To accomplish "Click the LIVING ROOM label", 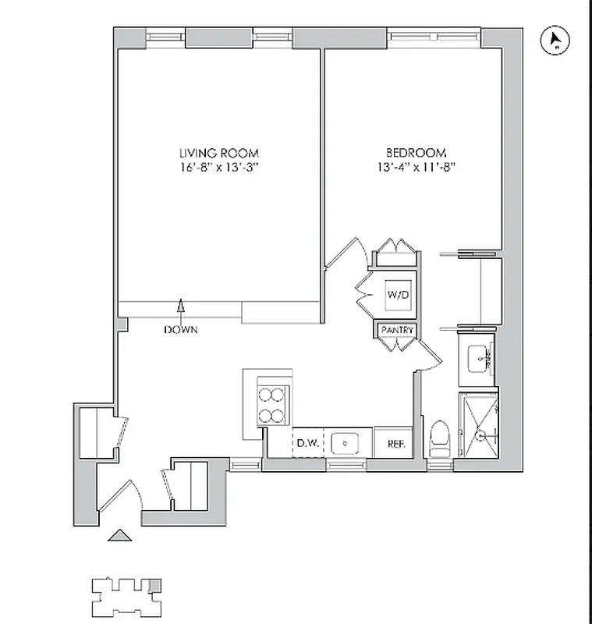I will (x=218, y=154).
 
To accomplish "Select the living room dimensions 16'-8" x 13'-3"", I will (x=218, y=167).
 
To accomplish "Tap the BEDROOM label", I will (x=415, y=152).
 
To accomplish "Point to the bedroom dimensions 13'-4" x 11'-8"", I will (x=415, y=166).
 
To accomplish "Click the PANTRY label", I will (x=397, y=331).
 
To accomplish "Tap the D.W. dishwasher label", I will (x=305, y=444).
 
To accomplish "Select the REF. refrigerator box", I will (x=388, y=444).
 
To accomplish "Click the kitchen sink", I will (x=344, y=443).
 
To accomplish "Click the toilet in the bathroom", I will (x=440, y=439).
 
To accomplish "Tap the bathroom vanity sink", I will (x=477, y=360).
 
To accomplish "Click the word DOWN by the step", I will (x=180, y=330).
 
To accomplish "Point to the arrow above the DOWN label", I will (x=181, y=308).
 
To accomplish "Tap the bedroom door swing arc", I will (x=349, y=250).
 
